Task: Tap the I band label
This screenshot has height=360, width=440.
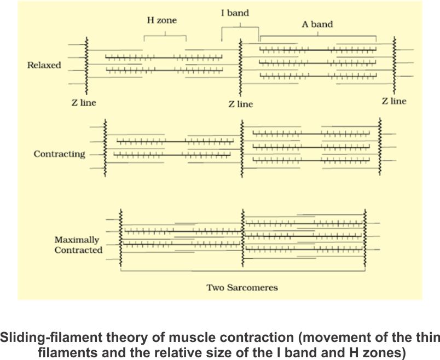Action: [235, 13]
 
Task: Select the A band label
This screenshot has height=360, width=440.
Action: [317, 25]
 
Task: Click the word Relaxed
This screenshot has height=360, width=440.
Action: [44, 65]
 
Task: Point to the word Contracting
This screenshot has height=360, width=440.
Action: [59, 154]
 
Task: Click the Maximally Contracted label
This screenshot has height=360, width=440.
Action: [78, 245]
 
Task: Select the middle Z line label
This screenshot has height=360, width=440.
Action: [241, 104]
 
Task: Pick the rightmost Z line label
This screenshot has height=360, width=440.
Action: [394, 101]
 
